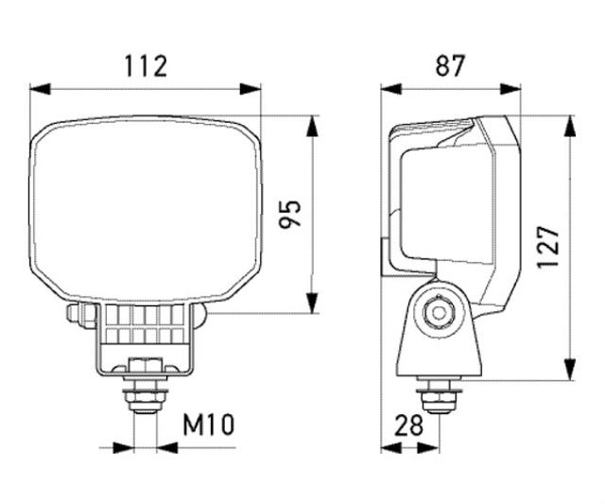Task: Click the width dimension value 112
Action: (146, 65)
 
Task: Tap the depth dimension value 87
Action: (452, 65)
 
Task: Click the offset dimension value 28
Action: (408, 425)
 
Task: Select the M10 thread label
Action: (208, 425)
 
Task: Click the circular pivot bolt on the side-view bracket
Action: (438, 311)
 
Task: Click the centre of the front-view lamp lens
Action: (146, 208)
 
